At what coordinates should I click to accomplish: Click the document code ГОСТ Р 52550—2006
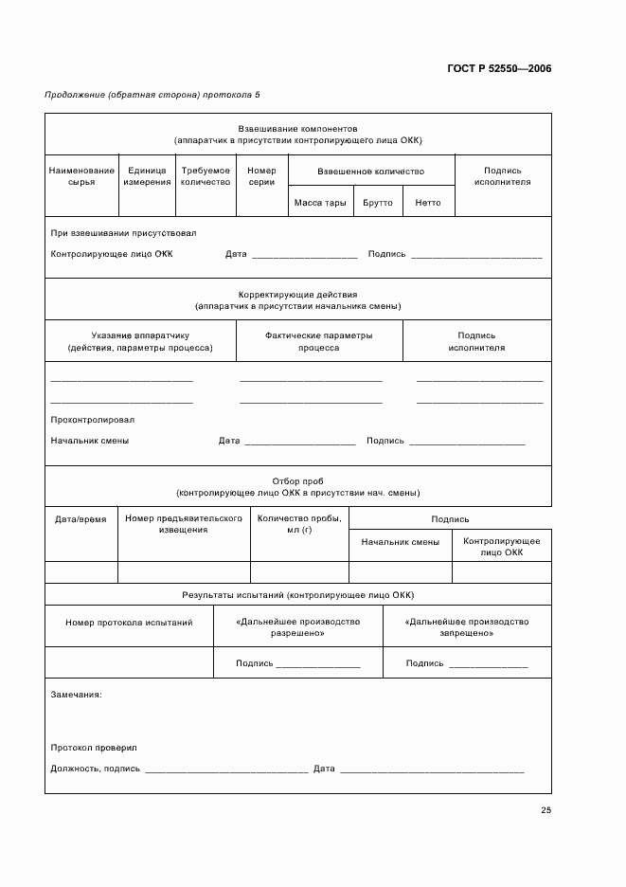[498, 68]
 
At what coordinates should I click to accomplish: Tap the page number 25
[546, 809]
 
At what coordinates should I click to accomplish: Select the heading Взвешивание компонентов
[297, 128]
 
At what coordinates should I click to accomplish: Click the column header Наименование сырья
[81, 176]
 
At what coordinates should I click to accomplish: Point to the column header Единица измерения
[147, 176]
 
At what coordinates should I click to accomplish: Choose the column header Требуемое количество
[206, 176]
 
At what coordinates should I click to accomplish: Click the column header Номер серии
[261, 176]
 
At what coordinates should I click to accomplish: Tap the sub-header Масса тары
[320, 203]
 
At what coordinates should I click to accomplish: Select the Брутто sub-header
[377, 203]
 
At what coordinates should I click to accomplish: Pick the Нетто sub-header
[428, 203]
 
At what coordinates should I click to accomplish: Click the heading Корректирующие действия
[297, 295]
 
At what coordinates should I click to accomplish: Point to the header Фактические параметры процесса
[318, 341]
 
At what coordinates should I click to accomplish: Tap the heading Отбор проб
[297, 481]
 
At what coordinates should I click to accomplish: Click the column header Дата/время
[80, 519]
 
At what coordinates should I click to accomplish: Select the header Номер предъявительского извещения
[184, 524]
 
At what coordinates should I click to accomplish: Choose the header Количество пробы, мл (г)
[298, 524]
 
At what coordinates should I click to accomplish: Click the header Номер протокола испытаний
[129, 623]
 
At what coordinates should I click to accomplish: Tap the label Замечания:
[77, 695]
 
